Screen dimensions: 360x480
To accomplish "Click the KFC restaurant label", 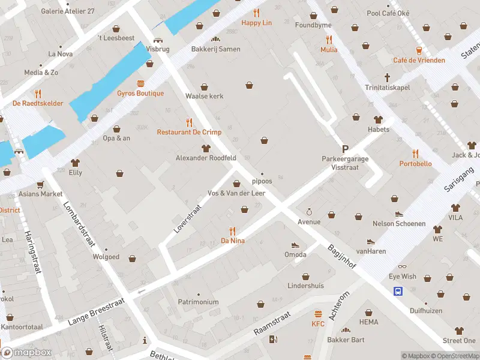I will [317, 324].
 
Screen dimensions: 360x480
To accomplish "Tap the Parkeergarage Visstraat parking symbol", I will [345, 149].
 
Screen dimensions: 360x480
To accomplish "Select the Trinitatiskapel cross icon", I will [388, 77].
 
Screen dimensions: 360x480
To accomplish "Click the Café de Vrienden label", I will [419, 60].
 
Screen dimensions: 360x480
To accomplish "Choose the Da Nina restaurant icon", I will [233, 231].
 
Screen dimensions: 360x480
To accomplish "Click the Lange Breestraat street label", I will [92, 313].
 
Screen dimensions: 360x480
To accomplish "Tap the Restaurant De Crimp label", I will [189, 132].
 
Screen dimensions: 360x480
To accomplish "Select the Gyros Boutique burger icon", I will [140, 83].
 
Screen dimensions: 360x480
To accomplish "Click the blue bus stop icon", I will [398, 291].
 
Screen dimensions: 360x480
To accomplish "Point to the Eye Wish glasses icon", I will [402, 266].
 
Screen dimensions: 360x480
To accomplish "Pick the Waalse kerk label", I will [204, 95].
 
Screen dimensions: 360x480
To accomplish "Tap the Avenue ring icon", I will [309, 212].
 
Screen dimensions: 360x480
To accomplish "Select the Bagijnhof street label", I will [341, 256].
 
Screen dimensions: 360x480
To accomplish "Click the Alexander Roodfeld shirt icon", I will [206, 148].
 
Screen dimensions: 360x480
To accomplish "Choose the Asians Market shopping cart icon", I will [40, 184].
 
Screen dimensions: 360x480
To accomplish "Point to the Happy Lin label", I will [257, 23].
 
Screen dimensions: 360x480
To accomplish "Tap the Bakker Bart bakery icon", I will [346, 331].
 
